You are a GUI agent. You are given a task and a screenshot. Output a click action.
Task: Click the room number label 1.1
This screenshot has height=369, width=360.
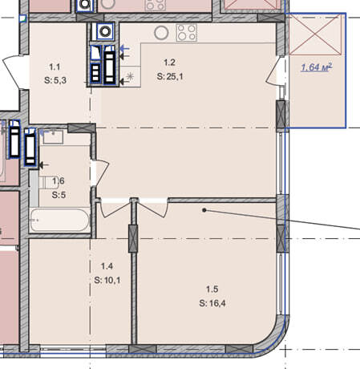(55, 67)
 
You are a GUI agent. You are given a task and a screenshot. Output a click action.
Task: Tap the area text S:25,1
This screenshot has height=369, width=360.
(170, 77)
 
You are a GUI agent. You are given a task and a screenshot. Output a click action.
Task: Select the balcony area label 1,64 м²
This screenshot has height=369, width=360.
(317, 67)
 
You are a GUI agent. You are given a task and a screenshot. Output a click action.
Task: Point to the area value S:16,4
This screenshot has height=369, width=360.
(212, 303)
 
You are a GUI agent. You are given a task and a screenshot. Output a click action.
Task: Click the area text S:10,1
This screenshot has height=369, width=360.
(107, 280)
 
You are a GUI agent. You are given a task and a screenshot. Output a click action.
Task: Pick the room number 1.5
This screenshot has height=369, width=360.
(212, 289)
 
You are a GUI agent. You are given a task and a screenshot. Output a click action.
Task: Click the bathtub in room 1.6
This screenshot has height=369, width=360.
(59, 220)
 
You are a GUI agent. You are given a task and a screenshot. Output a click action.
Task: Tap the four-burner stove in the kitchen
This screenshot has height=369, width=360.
(187, 33)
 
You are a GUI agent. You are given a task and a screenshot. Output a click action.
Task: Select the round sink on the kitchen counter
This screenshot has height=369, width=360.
(161, 33)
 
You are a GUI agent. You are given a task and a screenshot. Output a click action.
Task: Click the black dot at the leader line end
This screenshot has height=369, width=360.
(204, 210)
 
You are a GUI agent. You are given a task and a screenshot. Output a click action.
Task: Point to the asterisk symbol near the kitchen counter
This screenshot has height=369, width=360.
(130, 76)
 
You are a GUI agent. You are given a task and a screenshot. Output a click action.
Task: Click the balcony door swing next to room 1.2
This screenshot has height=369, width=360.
(273, 70)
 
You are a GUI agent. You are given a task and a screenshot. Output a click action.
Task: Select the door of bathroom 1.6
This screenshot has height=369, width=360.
(100, 172)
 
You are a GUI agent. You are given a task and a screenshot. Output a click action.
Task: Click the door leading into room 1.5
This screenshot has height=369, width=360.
(153, 208)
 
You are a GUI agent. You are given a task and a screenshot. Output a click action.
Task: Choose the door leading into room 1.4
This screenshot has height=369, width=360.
(115, 208)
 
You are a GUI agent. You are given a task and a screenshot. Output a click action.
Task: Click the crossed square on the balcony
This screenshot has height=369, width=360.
(315, 34)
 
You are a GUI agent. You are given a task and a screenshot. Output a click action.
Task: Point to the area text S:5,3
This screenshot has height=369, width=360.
(55, 80)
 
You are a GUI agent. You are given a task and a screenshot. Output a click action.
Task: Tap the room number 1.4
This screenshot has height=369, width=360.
(107, 266)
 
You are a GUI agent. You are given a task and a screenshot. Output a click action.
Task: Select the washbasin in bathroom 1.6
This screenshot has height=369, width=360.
(53, 137)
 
